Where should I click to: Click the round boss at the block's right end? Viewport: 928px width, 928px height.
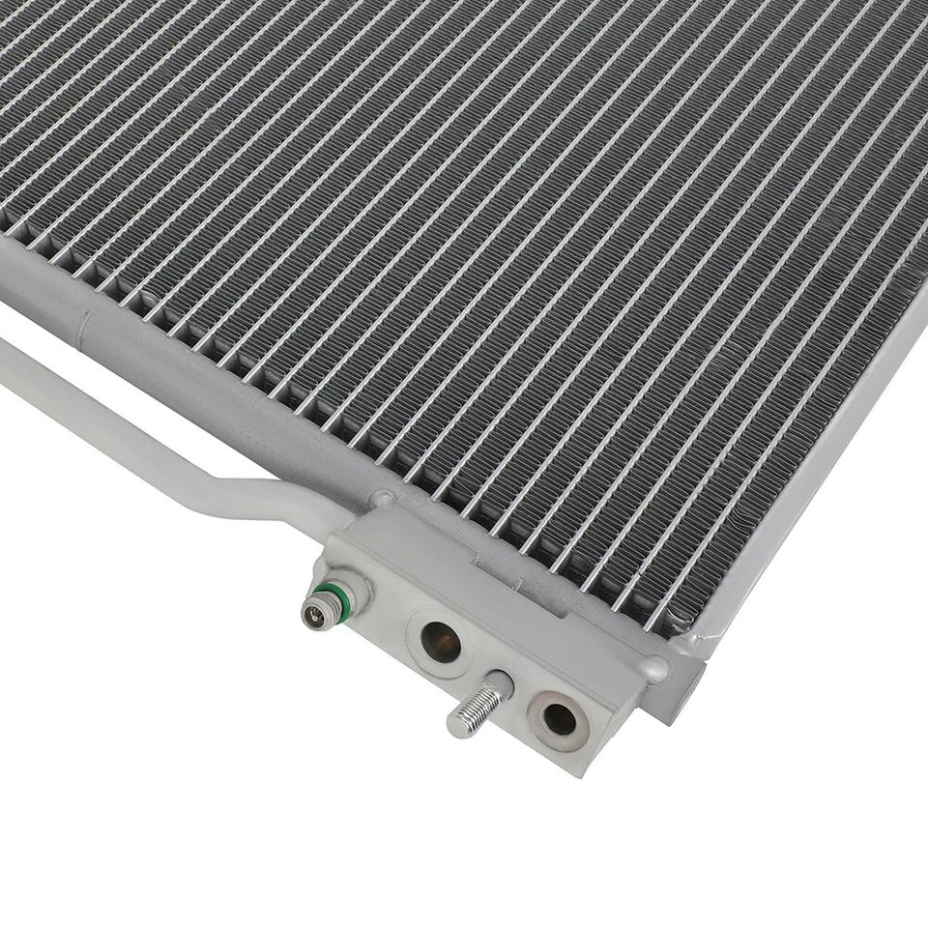click(657, 668)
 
